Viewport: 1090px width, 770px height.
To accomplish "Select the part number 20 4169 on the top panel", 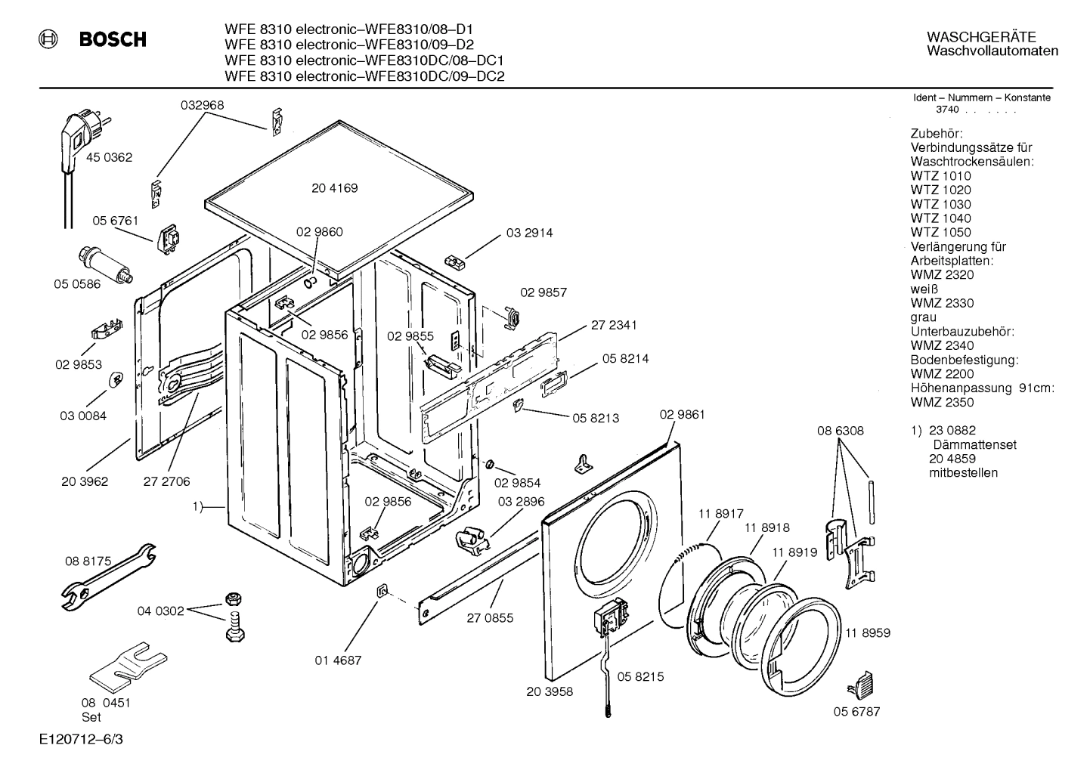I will pyautogui.click(x=334, y=188).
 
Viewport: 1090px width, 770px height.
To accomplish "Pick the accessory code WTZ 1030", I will pyautogui.click(x=940, y=204).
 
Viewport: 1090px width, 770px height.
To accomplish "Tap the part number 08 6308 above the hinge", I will pyautogui.click(x=840, y=431).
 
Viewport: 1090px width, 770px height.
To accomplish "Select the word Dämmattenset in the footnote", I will pyautogui.click(x=974, y=444).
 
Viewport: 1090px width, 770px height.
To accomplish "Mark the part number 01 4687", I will pyautogui.click(x=338, y=660).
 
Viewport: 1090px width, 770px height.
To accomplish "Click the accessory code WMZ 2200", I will pyautogui.click(x=941, y=374).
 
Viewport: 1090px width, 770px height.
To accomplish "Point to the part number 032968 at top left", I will pyautogui.click(x=202, y=106).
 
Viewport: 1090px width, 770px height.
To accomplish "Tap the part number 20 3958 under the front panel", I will pyautogui.click(x=550, y=691).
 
